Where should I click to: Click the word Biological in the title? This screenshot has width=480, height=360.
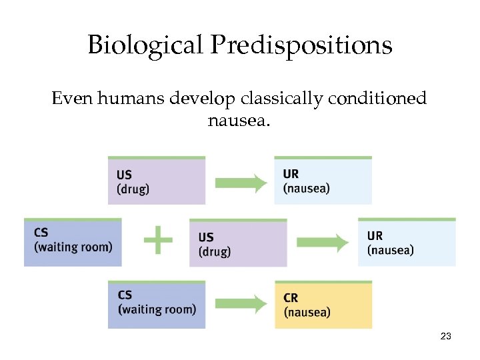142,45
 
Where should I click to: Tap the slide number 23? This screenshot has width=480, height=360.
446,337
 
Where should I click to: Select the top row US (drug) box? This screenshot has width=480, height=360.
157,181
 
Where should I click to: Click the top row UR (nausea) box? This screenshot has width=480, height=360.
323,181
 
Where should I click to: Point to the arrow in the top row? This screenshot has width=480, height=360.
240,182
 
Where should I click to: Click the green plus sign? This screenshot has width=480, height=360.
158,239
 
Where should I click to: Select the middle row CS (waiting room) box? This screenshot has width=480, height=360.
73,242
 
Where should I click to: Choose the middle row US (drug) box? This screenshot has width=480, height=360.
238,243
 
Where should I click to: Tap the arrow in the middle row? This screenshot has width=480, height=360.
322,242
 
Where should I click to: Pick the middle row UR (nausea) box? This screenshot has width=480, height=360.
407,242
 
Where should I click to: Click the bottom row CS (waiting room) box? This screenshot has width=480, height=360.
157,305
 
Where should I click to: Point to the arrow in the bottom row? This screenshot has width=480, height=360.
240,305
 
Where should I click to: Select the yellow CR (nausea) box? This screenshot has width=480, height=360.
323,305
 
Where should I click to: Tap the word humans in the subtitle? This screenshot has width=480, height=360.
132,99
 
